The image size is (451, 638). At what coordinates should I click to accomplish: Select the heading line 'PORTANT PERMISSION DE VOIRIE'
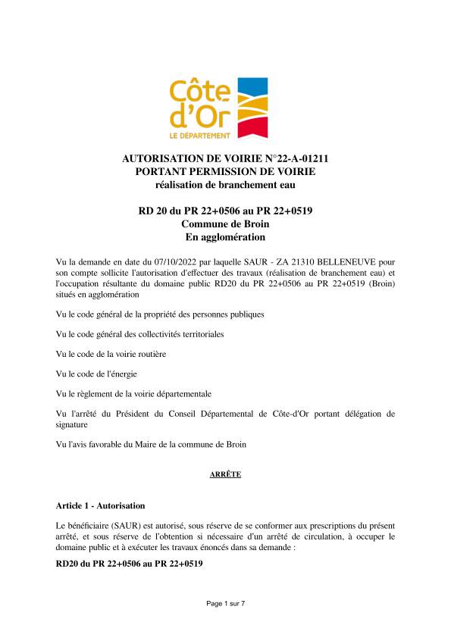tap(225, 171)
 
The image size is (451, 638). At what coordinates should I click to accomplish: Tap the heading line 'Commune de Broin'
tap(225, 224)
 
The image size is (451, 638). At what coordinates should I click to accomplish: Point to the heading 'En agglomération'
tap(225, 236)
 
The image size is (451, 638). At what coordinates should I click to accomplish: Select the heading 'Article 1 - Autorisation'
tap(100, 505)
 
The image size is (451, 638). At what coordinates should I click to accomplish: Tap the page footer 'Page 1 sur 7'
tap(225, 603)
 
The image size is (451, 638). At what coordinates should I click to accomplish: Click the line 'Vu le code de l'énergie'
tap(96, 374)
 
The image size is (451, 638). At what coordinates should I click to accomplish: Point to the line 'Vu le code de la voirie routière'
tap(111, 354)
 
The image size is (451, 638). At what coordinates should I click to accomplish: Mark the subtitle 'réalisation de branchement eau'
tap(225, 184)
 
